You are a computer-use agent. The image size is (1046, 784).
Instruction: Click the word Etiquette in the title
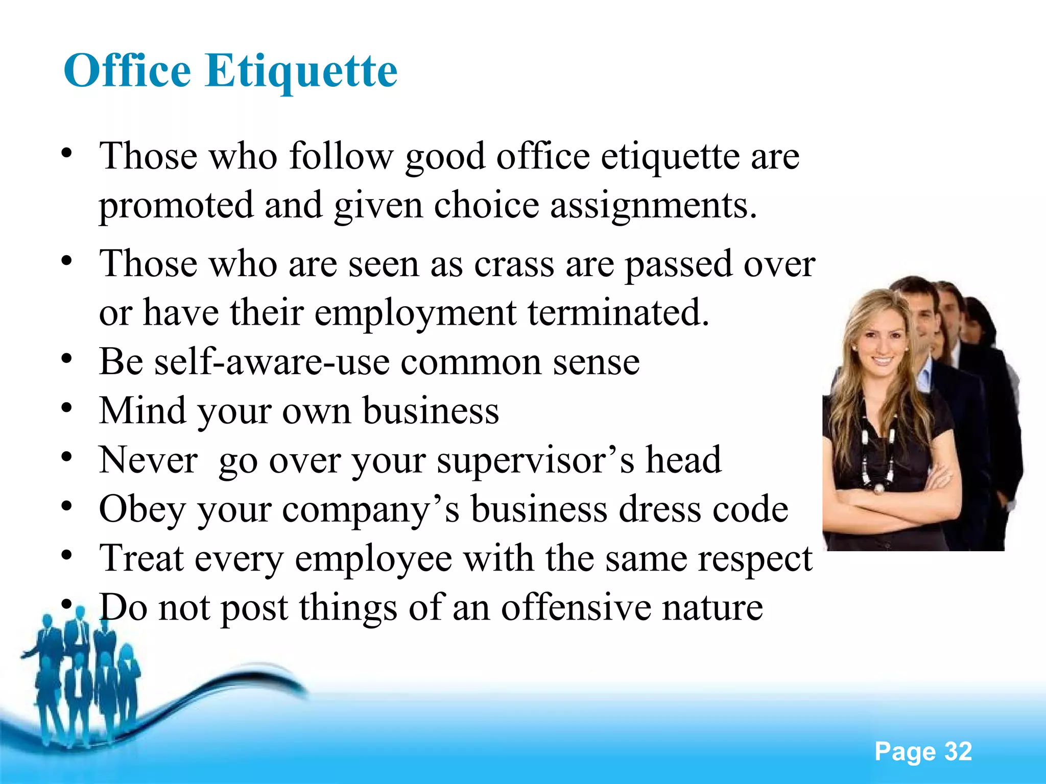click(x=301, y=71)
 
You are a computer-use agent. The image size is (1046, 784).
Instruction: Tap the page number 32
click(x=958, y=751)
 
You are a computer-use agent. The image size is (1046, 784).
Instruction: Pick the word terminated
click(x=619, y=312)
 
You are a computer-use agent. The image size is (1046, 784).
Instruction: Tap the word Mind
click(x=142, y=410)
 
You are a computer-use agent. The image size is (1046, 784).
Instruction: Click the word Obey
click(x=142, y=509)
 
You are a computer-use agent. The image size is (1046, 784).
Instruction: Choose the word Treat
click(x=141, y=558)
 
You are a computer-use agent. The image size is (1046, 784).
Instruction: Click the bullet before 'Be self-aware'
click(x=66, y=359)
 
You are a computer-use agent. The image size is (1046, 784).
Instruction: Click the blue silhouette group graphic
click(x=82, y=679)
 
